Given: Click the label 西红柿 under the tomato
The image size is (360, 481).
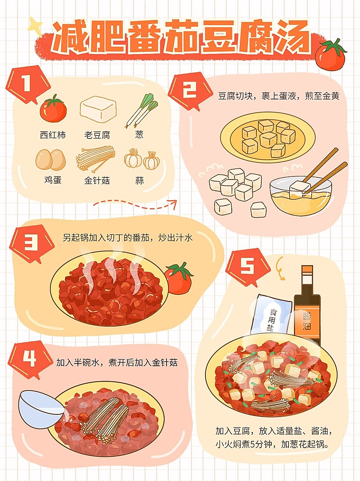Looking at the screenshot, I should click(53, 135).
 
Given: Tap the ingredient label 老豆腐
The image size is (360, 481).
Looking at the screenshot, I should click(97, 135).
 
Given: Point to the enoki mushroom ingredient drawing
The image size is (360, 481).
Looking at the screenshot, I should click(95, 159).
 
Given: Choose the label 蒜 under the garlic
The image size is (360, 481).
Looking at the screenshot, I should click(139, 180).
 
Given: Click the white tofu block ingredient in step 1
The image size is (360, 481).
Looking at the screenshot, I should click(98, 109).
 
